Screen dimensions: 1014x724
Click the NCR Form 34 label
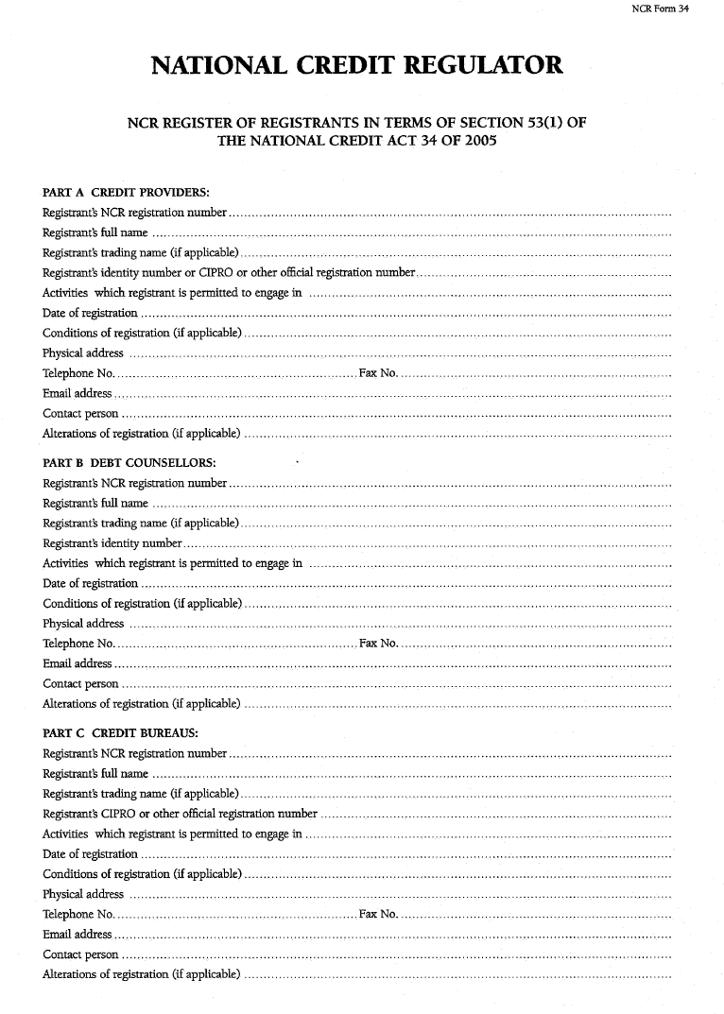tap(660, 9)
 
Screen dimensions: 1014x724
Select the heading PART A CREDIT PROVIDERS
tap(126, 193)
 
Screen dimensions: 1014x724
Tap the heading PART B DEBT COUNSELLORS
tap(129, 463)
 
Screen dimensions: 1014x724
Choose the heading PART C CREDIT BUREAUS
tap(120, 733)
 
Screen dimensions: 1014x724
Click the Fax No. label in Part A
tap(378, 373)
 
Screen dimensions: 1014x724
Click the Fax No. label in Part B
tap(378, 644)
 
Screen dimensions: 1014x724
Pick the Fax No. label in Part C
tap(378, 914)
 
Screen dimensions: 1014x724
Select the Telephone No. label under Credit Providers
tap(78, 373)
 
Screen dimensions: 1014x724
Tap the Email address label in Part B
tap(78, 663)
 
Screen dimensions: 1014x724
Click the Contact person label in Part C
tap(81, 954)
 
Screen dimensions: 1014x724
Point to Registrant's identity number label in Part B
tap(112, 543)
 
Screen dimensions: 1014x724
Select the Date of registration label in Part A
tap(91, 313)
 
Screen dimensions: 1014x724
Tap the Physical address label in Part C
tap(83, 894)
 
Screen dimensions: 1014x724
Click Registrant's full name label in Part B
tap(95, 504)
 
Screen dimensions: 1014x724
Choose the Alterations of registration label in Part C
tap(141, 974)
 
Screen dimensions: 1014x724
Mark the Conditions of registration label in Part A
tap(142, 333)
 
